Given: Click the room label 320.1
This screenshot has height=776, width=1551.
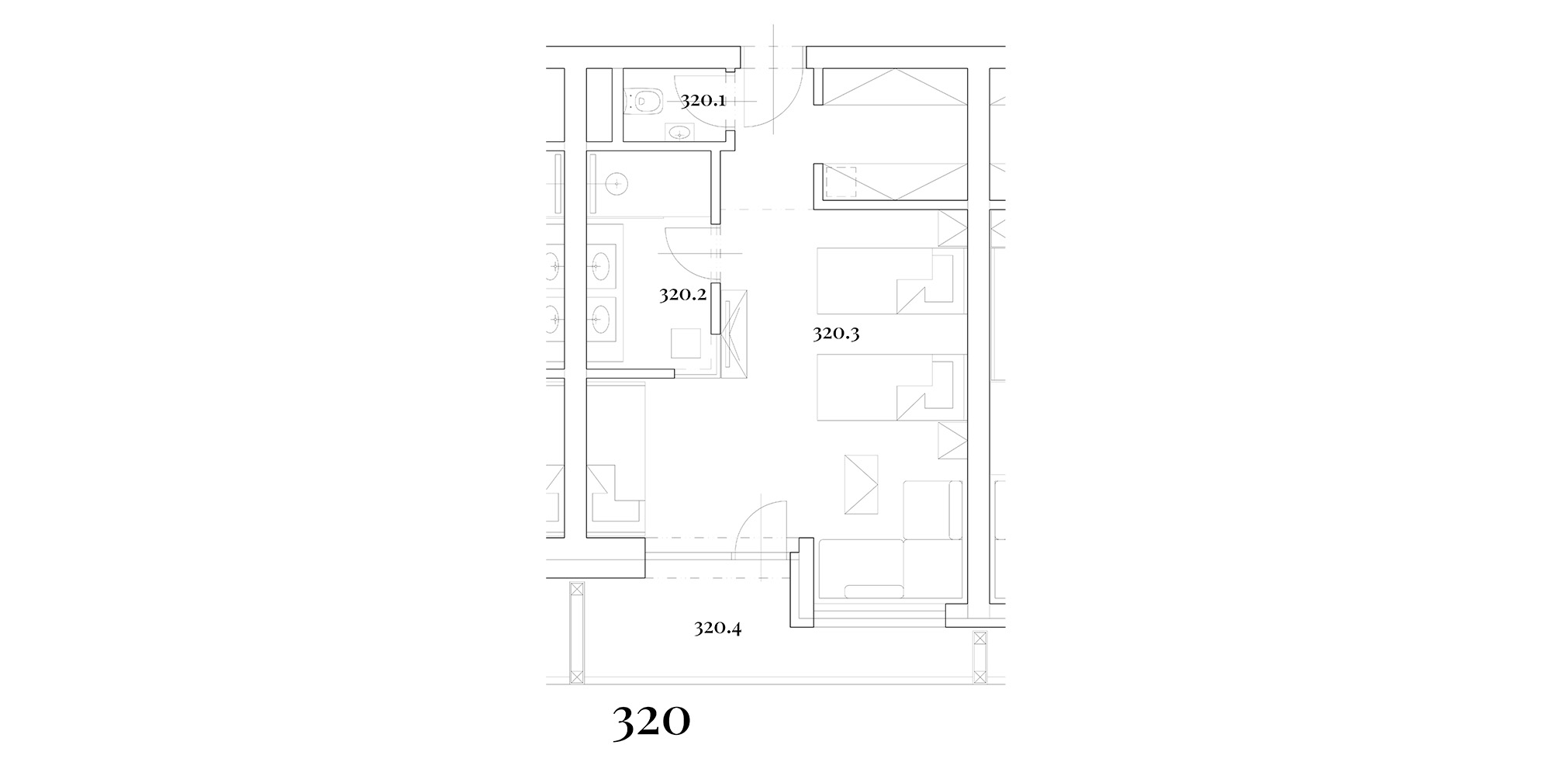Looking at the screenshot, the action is [703, 100].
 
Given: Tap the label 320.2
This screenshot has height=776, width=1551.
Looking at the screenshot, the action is [682, 295].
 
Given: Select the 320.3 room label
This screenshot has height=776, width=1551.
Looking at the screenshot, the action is [837, 334].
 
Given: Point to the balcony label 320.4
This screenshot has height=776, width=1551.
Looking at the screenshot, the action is [717, 628].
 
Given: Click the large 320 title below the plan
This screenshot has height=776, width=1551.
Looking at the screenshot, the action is [651, 722].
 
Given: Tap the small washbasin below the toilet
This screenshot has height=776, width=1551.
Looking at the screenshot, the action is [681, 133].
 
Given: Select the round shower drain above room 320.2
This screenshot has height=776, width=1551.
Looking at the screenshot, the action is [617, 184].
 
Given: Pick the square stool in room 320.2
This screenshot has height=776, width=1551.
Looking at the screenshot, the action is [686, 343].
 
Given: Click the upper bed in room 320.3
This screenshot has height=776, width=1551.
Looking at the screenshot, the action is [891, 281].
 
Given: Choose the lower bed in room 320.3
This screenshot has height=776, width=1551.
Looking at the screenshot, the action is [891, 388].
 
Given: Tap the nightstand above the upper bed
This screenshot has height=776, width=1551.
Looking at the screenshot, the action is [952, 229].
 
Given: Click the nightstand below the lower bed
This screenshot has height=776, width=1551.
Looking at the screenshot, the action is [952, 441].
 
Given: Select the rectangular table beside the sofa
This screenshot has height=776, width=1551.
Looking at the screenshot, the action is [861, 484].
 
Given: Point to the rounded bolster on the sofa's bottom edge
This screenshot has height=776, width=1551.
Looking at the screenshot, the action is [874, 591].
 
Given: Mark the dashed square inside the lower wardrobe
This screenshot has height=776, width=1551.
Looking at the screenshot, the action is [840, 182].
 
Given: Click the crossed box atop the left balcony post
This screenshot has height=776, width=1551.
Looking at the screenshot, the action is [576, 590].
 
